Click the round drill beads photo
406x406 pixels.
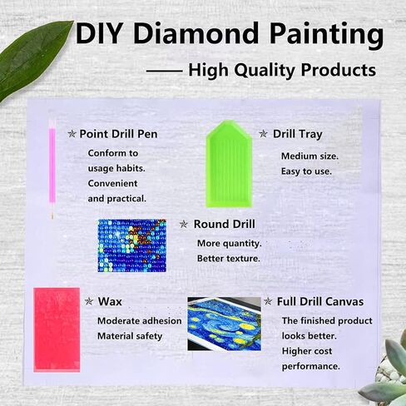(131, 245)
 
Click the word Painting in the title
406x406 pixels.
(328, 35)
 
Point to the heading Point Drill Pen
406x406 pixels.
(118, 133)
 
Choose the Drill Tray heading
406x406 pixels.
(297, 133)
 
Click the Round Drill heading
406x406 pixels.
(224, 224)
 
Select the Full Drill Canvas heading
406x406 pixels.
(320, 301)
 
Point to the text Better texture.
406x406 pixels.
(228, 259)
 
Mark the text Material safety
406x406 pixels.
(130, 336)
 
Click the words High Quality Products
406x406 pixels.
(282, 71)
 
